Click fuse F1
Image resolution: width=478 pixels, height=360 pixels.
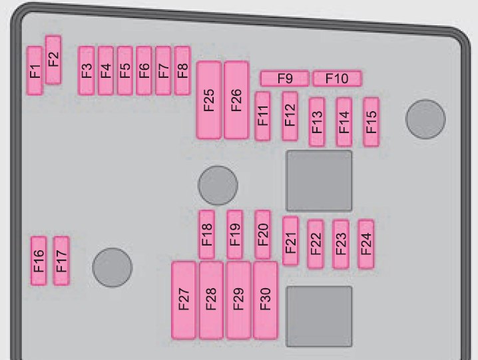tap(35, 71)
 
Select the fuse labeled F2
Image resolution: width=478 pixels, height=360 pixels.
tap(53, 60)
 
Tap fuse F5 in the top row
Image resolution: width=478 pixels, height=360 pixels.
tap(125, 71)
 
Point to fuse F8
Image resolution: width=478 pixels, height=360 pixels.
tap(182, 71)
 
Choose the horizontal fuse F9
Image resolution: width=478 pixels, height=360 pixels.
tap(284, 79)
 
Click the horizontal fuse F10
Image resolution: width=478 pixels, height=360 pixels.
tap(338, 79)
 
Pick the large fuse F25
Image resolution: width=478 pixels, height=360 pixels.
tap(209, 100)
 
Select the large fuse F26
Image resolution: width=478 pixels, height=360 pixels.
tap(236, 100)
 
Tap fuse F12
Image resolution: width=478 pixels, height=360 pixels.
tap(290, 116)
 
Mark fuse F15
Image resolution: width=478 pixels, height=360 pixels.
tap(371, 122)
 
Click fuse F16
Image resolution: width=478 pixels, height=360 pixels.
tap(39, 261)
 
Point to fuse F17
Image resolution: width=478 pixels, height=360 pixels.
tap(61, 261)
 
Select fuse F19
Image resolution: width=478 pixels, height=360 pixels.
tap(235, 234)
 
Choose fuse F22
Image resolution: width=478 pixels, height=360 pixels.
tap(316, 244)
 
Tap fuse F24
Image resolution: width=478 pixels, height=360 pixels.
tap(365, 244)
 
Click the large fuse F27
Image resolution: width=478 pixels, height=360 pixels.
tap(184, 300)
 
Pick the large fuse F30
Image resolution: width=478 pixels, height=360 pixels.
tap(266, 300)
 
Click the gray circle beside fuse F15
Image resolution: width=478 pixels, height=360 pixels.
tap(425, 119)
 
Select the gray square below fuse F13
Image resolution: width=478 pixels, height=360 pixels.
tap(319, 180)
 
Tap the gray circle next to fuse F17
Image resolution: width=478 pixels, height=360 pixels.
tap(113, 268)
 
